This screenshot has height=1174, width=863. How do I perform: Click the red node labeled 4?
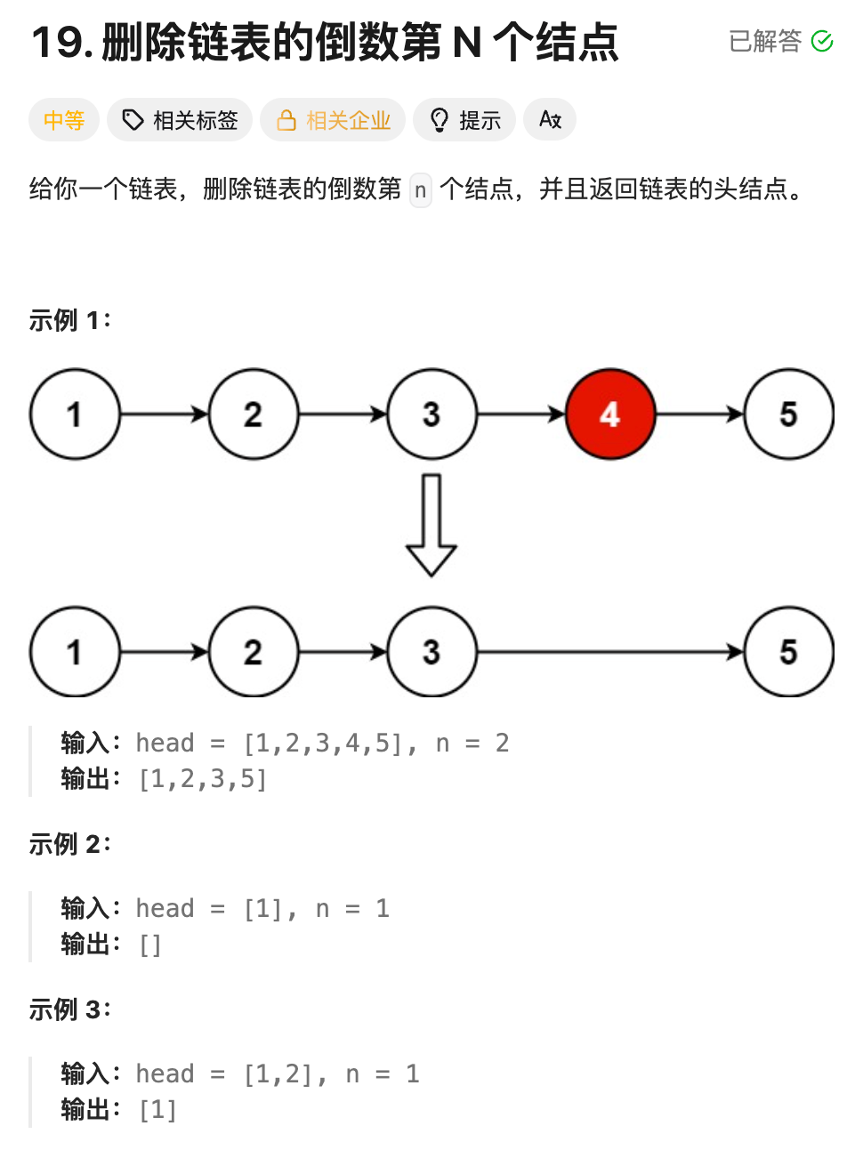[x=610, y=414]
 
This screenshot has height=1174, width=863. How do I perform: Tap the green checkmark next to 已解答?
[x=823, y=41]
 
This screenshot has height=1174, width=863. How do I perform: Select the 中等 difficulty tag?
[x=64, y=120]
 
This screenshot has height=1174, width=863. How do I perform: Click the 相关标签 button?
[x=180, y=120]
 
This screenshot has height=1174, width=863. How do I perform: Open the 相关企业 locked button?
[x=333, y=120]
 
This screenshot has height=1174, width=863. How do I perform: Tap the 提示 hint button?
[x=464, y=120]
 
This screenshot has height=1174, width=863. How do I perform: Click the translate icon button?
[x=550, y=120]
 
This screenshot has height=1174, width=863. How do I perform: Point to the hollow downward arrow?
[x=431, y=525]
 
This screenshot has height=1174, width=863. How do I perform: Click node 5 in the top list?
[x=788, y=414]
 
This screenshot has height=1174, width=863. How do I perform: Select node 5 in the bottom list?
[x=788, y=652]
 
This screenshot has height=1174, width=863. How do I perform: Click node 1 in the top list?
[x=75, y=414]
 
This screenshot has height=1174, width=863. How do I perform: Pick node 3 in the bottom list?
[x=431, y=652]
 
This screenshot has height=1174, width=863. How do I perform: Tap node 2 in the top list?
[x=254, y=414]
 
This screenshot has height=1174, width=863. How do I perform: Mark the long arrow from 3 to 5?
[x=610, y=652]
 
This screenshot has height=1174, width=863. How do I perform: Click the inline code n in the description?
[x=421, y=189]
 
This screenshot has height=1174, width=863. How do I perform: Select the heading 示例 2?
[x=69, y=844]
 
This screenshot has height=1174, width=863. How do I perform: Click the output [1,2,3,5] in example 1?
[x=203, y=780]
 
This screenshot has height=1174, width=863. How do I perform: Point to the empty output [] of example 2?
[x=150, y=945]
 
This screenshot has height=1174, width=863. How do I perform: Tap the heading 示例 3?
[x=69, y=1009]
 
